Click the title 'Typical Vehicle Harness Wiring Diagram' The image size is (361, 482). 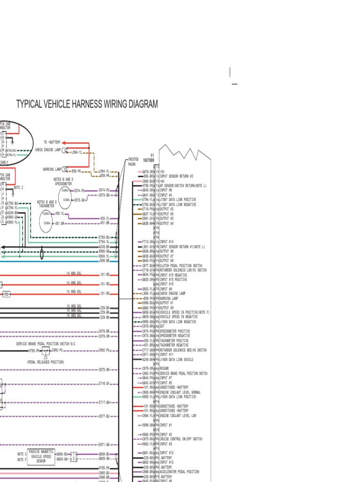click(x=87, y=104)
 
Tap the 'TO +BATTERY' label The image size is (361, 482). click(x=52, y=142)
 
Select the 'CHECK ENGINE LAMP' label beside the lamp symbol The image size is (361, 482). click(x=48, y=150)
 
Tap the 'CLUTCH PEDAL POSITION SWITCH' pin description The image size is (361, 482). click(x=181, y=265)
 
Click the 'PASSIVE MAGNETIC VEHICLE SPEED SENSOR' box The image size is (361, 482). click(x=41, y=456)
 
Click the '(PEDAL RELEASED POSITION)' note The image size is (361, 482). click(x=46, y=362)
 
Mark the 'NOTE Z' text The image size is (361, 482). click(x=19, y=187)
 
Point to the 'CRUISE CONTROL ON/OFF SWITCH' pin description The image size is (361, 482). click(x=181, y=439)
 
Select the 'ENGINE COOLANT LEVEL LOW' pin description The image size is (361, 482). click(x=178, y=416)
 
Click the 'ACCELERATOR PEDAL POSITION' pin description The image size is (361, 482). click(x=179, y=472)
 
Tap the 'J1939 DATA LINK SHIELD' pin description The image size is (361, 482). click(x=176, y=359)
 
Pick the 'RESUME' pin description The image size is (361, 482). click(x=165, y=369)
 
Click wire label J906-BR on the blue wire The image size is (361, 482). click(x=104, y=260)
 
